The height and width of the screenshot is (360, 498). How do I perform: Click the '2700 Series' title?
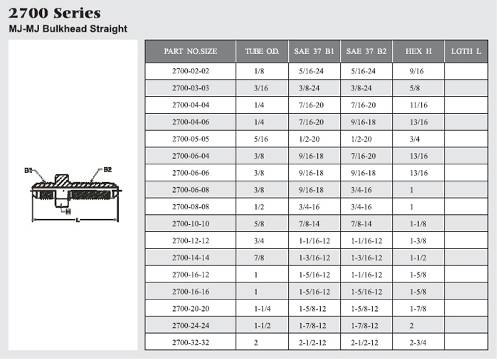[x=54, y=14]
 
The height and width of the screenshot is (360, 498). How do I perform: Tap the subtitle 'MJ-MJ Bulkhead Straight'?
[x=68, y=28]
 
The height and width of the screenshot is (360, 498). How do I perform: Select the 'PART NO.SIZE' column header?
[x=191, y=51]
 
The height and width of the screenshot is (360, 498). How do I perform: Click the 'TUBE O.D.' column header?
[x=262, y=51]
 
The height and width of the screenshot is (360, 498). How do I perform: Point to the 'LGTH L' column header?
[x=466, y=51]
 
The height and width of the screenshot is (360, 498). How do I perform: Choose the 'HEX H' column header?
[x=418, y=51]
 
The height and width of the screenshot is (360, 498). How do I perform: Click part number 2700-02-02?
[x=191, y=71]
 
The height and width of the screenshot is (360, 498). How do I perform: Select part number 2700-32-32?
[x=191, y=342]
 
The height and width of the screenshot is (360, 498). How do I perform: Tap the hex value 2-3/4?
[x=418, y=342]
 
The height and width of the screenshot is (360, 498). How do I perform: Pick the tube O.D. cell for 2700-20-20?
[x=263, y=309]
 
